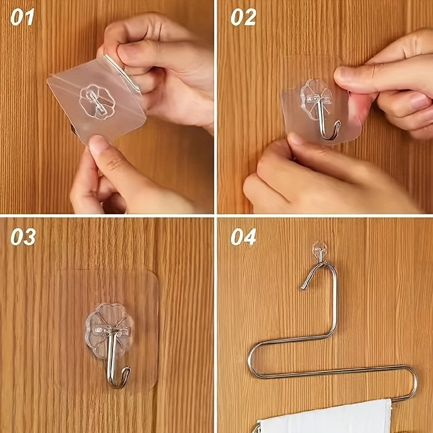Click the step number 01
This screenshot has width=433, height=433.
pos(22,17)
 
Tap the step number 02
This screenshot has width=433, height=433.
pos(243,17)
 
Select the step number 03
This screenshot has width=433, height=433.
pos(23,237)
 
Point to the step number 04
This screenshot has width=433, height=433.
pos(243,237)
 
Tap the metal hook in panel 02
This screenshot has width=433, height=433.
pos(327,119)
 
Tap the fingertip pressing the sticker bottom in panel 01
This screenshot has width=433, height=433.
pos(97,145)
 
